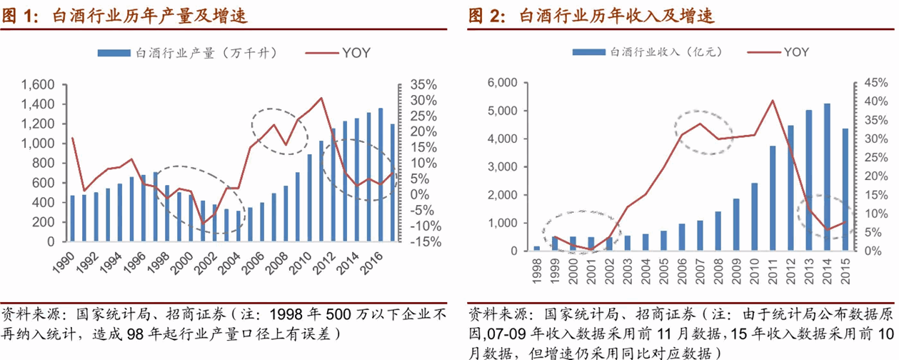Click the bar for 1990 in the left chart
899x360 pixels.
pos(72,219)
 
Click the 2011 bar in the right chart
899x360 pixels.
pos(772,199)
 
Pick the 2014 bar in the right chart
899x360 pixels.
pos(827,177)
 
